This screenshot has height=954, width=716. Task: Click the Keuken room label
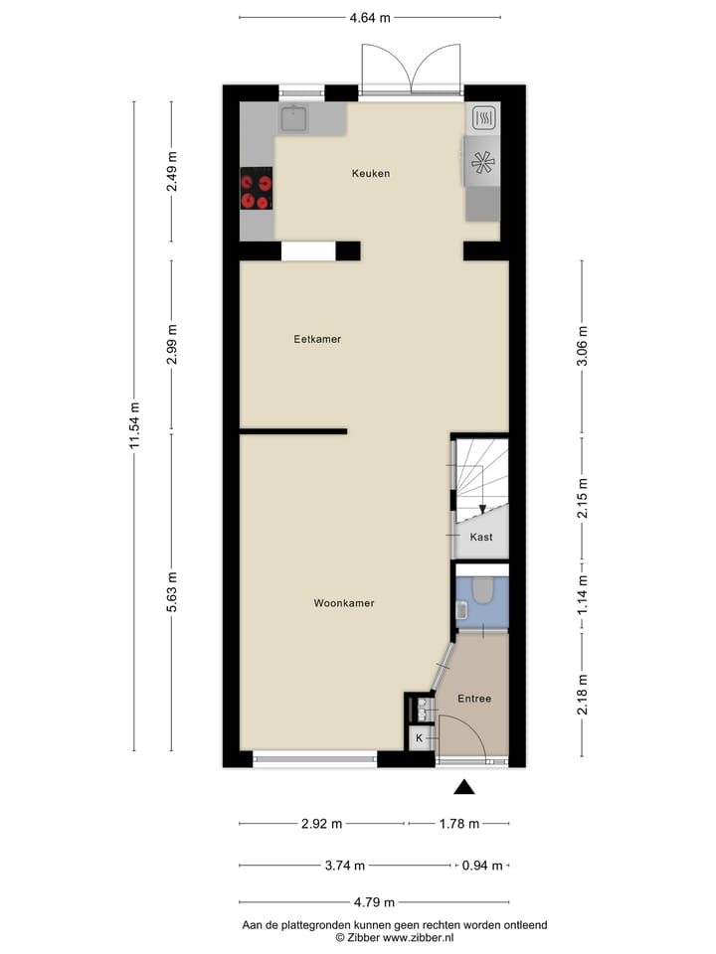(x=370, y=174)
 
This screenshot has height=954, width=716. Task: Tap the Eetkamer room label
(x=317, y=339)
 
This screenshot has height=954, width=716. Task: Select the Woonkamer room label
(x=343, y=602)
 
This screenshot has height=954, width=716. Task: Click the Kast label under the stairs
(x=481, y=538)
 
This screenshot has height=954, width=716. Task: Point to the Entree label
(x=473, y=699)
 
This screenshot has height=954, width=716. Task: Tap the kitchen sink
(x=294, y=119)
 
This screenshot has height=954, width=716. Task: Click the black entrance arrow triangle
(x=463, y=788)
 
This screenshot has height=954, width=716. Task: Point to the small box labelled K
(x=419, y=738)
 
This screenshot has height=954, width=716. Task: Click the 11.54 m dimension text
(x=134, y=425)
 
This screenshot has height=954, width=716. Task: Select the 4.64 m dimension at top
(x=370, y=17)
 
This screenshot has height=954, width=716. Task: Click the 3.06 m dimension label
(x=583, y=346)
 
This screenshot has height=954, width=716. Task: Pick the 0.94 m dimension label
(x=482, y=865)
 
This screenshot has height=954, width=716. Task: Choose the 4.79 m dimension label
(x=374, y=902)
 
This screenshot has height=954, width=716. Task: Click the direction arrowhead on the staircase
(x=482, y=508)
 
